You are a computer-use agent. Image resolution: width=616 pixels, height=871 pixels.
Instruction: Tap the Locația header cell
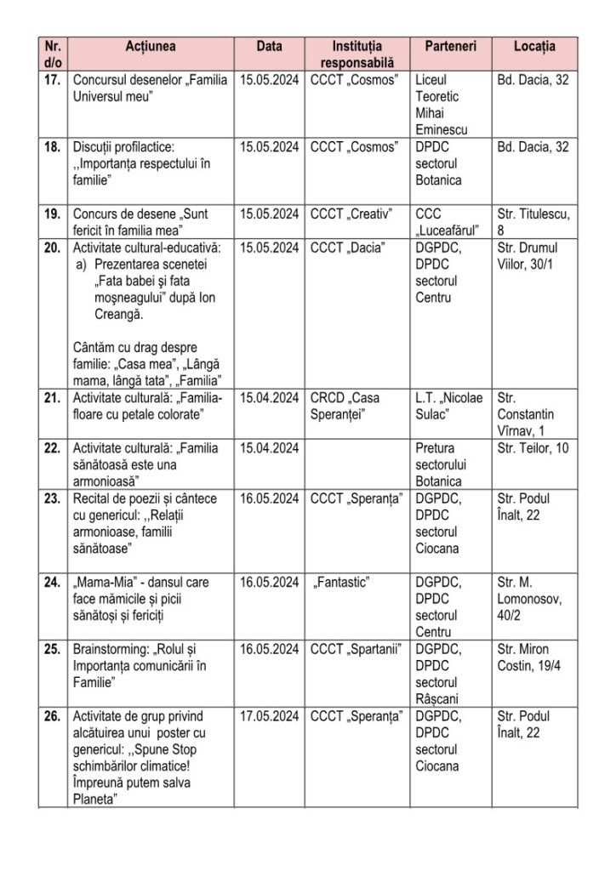(534, 46)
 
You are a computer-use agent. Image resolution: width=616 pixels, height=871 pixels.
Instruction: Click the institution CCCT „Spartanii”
(356, 650)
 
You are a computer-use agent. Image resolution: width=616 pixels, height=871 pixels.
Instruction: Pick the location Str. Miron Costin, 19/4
(528, 658)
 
